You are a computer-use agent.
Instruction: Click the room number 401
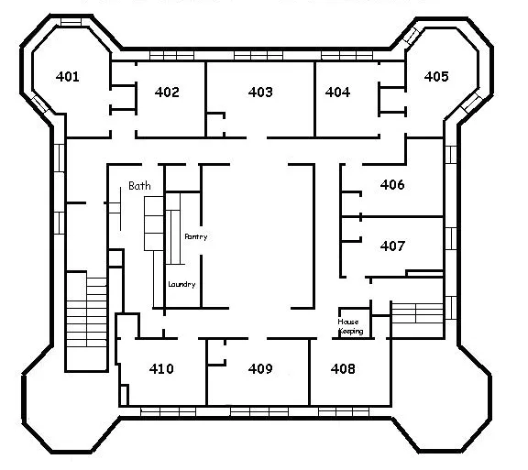[68, 76]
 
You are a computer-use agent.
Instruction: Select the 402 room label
[167, 92]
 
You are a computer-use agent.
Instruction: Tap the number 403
[260, 92]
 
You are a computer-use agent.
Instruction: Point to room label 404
[337, 92]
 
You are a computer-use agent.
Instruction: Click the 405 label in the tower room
[436, 76]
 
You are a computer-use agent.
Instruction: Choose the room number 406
[392, 184]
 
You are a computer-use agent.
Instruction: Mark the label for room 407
[392, 246]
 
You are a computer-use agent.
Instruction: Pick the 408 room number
[343, 368]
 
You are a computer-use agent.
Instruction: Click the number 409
[260, 368]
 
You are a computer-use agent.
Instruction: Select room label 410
[161, 368]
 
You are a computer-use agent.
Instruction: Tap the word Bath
[139, 185]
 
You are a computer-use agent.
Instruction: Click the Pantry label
[196, 236]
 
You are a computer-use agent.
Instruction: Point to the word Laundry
[181, 285]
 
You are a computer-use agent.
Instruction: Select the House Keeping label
[350, 326]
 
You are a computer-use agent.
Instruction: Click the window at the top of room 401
[71, 22]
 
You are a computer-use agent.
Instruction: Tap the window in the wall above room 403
[258, 55]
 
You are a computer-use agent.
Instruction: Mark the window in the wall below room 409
[259, 411]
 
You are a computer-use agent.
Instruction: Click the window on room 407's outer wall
[451, 238]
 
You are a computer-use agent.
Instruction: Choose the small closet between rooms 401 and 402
[123, 98]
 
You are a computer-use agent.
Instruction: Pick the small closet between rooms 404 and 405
[392, 100]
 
